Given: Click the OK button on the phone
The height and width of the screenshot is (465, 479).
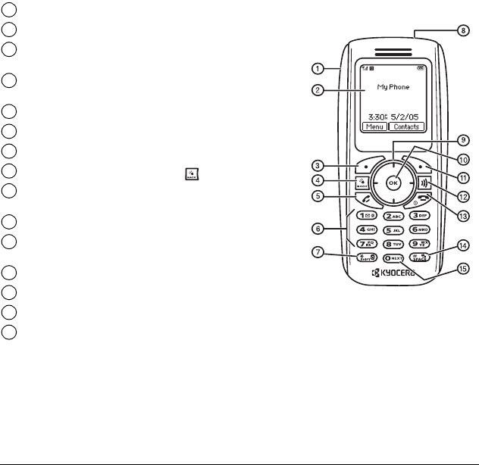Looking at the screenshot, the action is tap(392, 183).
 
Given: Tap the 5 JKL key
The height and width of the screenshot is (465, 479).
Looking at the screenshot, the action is tap(392, 229).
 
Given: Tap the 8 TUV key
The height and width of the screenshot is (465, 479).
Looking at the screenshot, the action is tap(392, 243).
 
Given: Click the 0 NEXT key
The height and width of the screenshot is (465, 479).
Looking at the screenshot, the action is tap(392, 257).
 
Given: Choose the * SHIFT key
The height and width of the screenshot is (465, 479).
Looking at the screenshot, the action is tap(366, 257).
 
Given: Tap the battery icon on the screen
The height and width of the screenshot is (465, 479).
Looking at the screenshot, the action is tap(421, 65).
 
